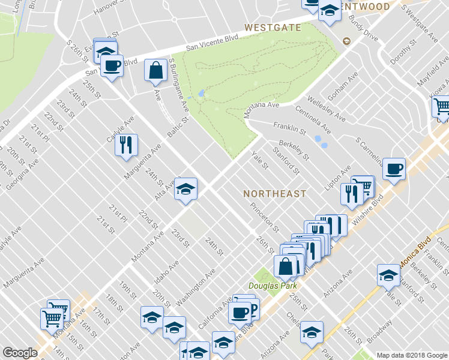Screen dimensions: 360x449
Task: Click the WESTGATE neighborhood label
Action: point(272,28)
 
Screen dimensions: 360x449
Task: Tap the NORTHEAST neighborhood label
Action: point(275,194)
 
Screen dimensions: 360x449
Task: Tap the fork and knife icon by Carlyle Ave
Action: point(126,145)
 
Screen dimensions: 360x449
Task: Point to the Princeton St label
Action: point(265,217)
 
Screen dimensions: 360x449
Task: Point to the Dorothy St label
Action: point(403,53)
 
